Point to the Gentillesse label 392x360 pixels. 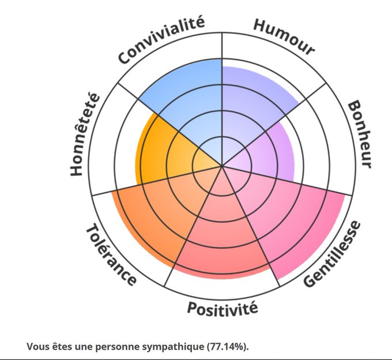point(333,254)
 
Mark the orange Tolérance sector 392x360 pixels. point(156,219)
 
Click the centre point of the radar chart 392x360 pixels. point(222,166)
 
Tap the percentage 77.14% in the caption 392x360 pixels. point(228,346)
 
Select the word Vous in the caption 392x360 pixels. point(37,346)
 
